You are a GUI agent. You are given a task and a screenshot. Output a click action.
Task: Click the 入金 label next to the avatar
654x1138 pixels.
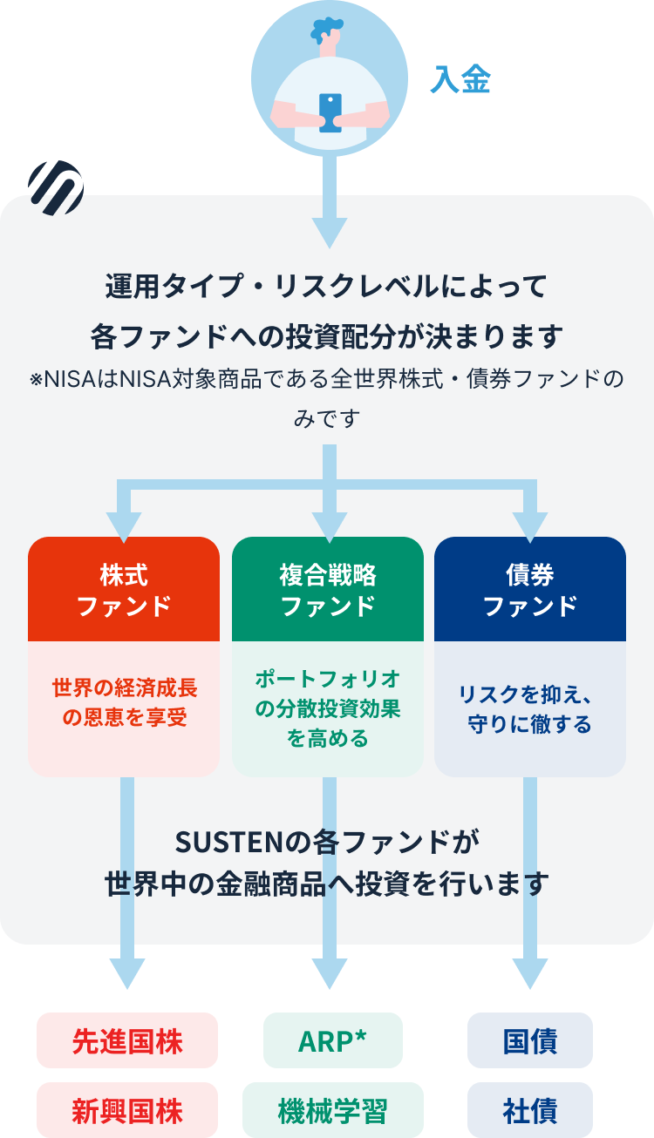pos(460,80)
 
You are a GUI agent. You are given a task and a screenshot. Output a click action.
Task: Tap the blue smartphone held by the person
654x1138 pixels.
pos(330,112)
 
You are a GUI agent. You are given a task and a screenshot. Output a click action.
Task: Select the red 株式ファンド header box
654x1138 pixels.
pos(124,590)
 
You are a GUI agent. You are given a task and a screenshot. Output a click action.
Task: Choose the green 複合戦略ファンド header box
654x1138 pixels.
pos(328,590)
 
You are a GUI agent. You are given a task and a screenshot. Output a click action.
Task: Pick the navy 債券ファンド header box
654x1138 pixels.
pos(530,590)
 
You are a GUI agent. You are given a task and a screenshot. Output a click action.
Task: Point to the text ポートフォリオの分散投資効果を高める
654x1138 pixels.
pos(328,708)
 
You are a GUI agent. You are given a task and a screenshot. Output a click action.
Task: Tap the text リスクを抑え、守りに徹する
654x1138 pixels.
pos(530,709)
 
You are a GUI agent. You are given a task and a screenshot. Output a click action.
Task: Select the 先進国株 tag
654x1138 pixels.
pos(127,1040)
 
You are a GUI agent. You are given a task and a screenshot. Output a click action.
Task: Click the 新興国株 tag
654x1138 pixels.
pos(127,1110)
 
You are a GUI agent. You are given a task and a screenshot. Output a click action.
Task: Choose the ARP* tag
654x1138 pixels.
pos(333,1040)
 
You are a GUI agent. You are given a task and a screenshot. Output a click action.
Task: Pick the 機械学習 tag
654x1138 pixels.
pos(333,1110)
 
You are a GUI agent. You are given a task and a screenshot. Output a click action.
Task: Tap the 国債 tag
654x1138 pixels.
pos(530,1040)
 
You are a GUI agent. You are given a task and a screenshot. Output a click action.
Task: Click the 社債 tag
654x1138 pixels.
pos(530,1110)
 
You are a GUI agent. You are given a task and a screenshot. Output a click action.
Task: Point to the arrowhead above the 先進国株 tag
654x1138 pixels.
pos(127,973)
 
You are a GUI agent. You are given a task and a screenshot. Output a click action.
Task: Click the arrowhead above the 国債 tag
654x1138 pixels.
pos(530,973)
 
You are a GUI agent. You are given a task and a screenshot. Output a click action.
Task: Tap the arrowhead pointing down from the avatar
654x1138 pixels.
pos(330,232)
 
